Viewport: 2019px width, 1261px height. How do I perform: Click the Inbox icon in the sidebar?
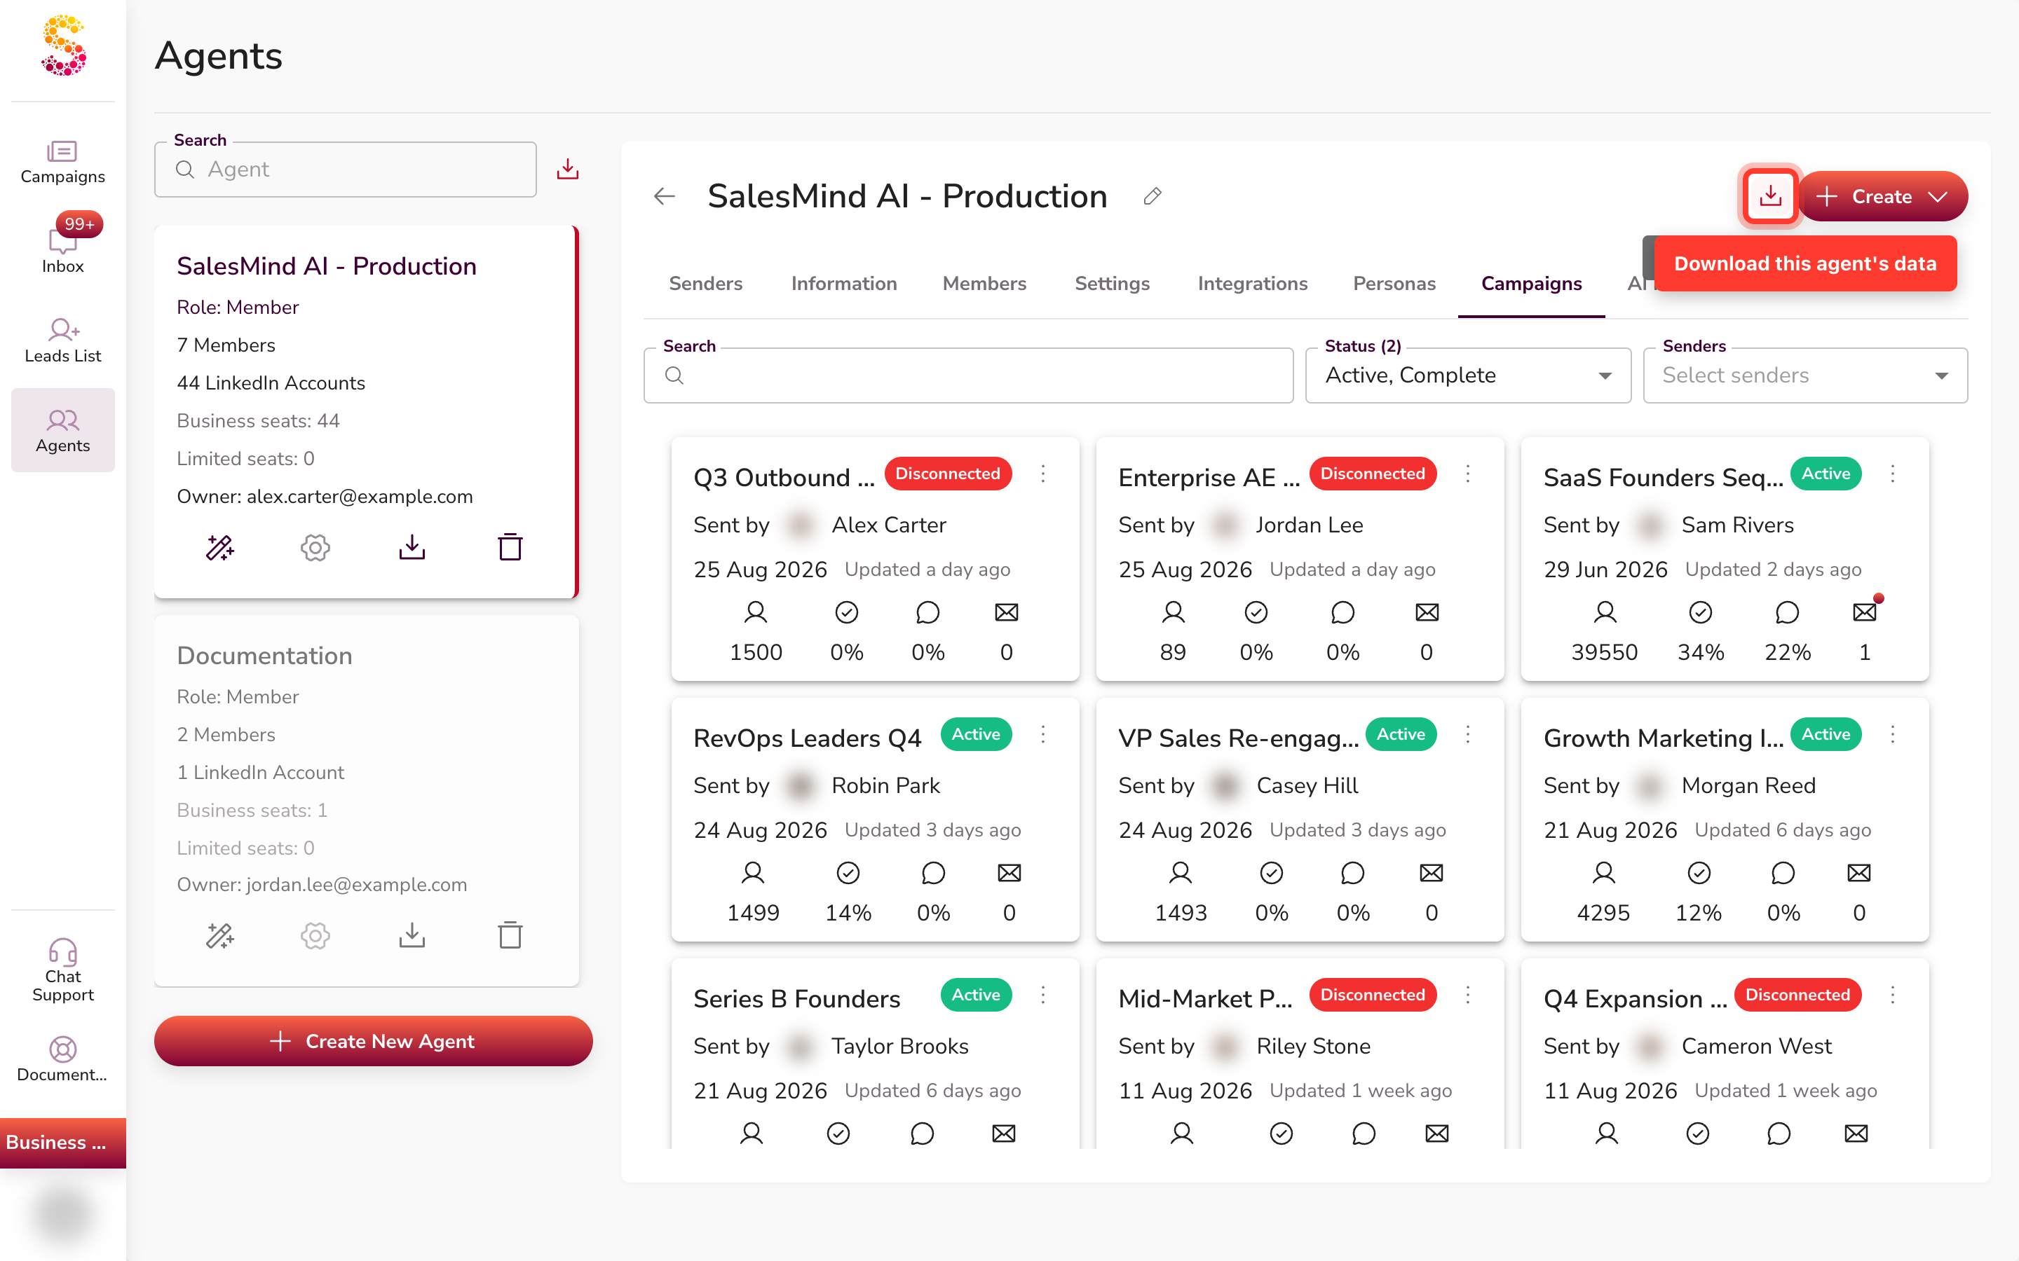click(62, 241)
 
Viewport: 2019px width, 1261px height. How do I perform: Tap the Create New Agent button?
click(373, 1040)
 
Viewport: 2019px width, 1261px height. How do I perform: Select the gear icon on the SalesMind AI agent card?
click(315, 547)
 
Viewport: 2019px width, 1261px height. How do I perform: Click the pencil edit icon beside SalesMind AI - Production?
click(1153, 196)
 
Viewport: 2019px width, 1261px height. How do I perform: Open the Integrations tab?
click(1252, 284)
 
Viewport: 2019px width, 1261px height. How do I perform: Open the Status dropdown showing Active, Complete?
click(1467, 375)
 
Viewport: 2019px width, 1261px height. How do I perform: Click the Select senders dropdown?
click(1804, 375)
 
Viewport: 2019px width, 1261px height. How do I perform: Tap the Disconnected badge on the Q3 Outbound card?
click(948, 474)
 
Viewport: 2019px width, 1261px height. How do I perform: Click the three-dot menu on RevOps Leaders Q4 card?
click(1043, 734)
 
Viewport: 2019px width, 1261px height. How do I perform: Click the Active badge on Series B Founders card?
click(976, 995)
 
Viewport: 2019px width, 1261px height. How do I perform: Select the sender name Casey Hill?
click(1307, 785)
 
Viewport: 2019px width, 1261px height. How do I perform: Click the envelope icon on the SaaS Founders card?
click(1864, 612)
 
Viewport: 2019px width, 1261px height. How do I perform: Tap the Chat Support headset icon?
click(62, 951)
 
